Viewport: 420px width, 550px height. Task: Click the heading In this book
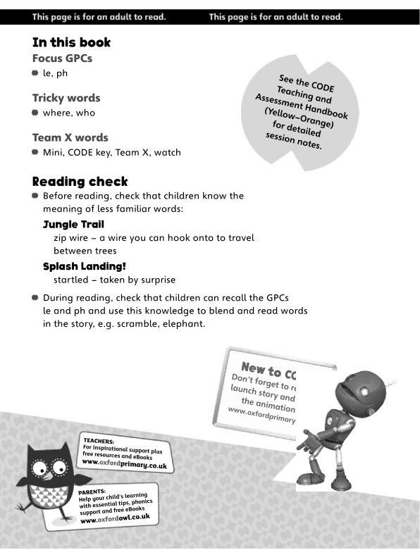(71, 43)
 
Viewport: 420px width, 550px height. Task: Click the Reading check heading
(80, 182)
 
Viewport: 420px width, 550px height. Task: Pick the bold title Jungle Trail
(73, 225)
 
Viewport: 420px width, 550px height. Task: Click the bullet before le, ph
(35, 73)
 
